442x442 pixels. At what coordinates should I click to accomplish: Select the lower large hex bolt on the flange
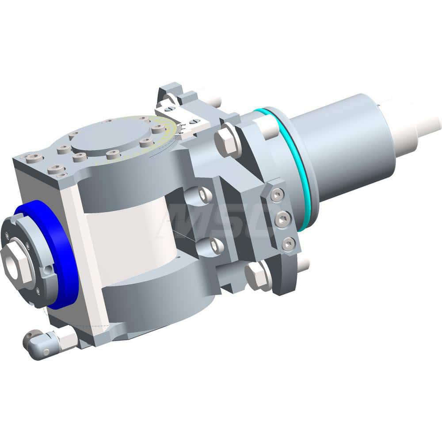[x=257, y=277]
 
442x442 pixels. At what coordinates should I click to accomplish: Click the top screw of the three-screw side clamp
[x=277, y=194]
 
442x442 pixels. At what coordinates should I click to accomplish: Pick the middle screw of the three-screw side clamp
[x=282, y=219]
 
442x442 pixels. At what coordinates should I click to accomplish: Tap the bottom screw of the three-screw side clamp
[x=288, y=243]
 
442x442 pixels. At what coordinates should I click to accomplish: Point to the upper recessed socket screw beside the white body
[x=204, y=194]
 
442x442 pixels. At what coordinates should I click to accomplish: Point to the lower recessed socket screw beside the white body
[x=215, y=246]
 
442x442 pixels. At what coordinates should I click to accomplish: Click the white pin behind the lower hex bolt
[x=302, y=264]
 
